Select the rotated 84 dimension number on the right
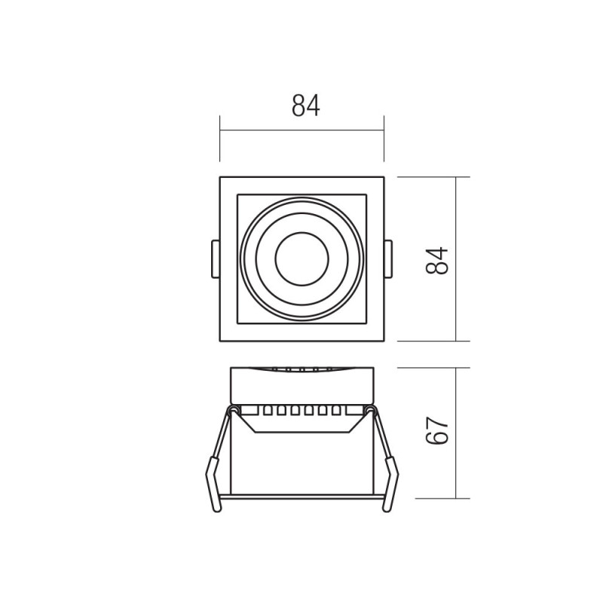439,260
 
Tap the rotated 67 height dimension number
439,432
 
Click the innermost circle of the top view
301,259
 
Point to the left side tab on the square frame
215,259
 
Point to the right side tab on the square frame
388,259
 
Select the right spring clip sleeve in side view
390,485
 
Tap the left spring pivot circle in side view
233,409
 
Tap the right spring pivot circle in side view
370,409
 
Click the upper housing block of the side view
301,386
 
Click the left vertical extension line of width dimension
219,139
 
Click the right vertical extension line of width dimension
384,139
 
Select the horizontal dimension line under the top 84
301,130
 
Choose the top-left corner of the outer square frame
220,178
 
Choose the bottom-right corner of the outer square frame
384,341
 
